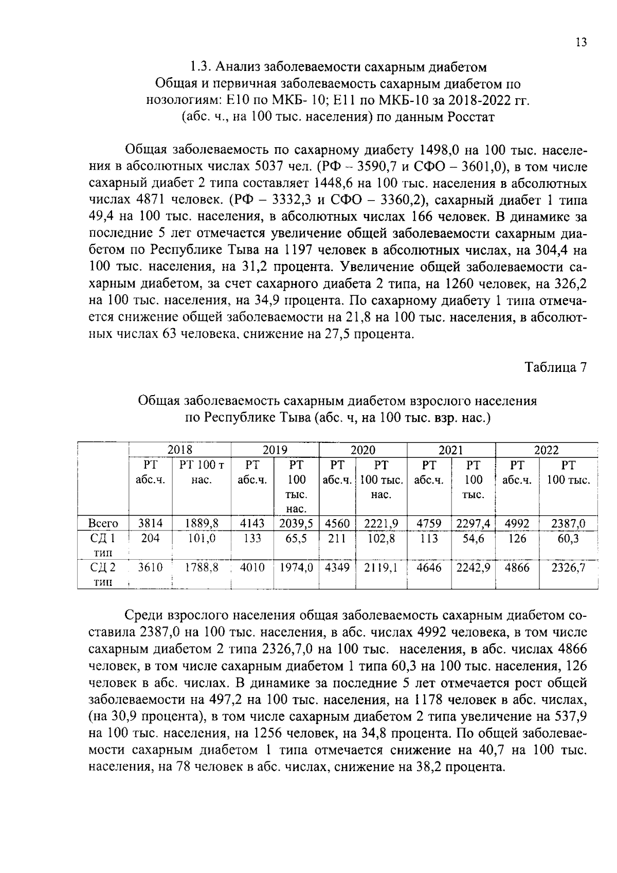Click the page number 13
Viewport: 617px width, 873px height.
click(580, 43)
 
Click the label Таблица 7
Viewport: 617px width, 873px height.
click(555, 367)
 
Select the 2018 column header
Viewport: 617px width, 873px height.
click(179, 450)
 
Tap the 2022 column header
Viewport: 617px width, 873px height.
click(546, 450)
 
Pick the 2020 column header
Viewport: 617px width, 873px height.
click(362, 450)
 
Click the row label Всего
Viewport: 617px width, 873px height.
click(103, 524)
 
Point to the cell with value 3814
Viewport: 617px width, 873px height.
click(150, 523)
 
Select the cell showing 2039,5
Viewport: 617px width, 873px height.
click(296, 524)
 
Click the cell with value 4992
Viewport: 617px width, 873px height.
click(517, 524)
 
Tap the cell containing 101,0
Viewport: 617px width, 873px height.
click(201, 539)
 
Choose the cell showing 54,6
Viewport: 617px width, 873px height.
click(473, 539)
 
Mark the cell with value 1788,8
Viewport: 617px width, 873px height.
click(201, 567)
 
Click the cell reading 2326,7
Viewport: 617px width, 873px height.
click(568, 567)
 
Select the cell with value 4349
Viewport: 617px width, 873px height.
click(337, 567)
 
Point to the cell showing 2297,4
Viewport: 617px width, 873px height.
click(473, 524)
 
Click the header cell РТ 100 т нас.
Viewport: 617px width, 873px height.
click(201, 472)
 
